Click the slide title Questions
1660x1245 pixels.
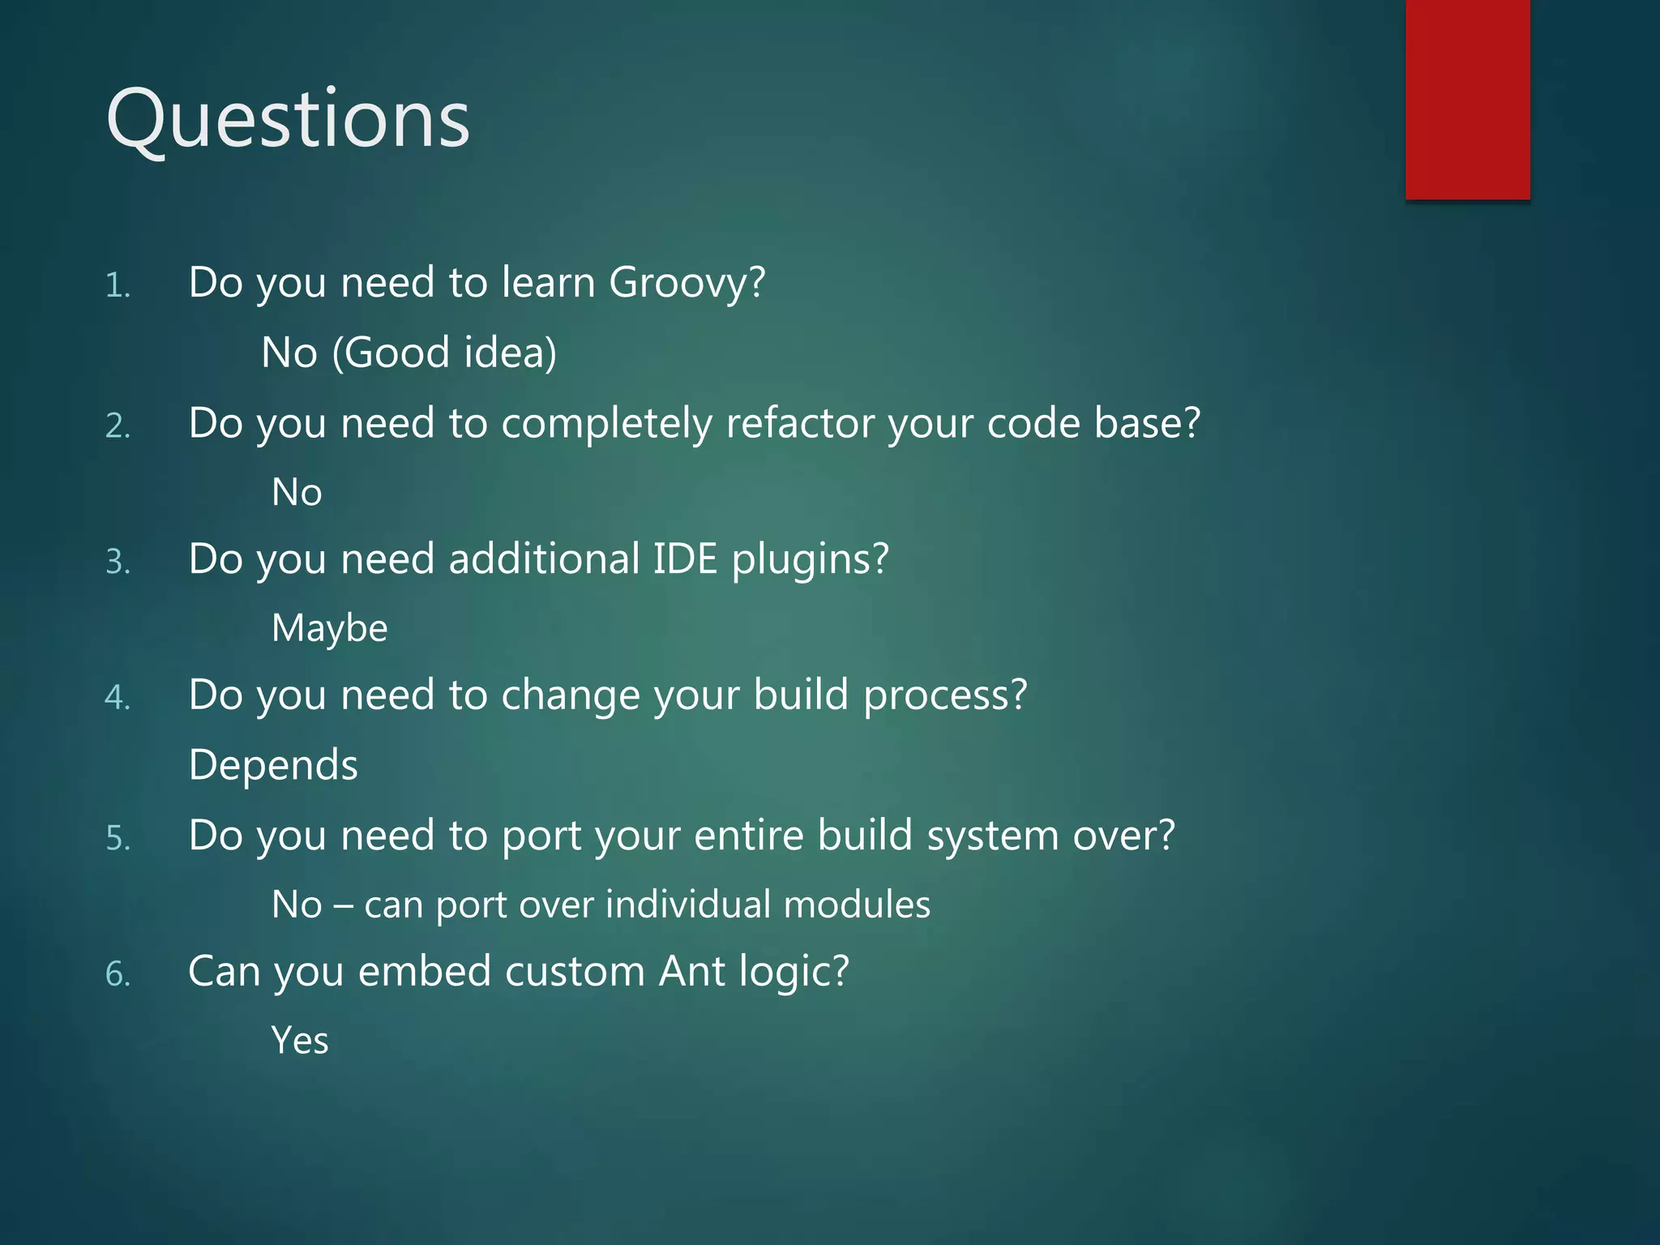pos(288,120)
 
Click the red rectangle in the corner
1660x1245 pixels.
pos(1467,99)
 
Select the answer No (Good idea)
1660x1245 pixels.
pos(409,353)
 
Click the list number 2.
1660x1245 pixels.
pos(118,426)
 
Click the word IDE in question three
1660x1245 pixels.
pos(685,559)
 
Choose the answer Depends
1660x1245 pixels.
pos(273,765)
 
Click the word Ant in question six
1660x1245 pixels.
pos(691,971)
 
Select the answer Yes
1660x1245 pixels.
pos(300,1041)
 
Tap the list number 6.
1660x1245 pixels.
pos(118,974)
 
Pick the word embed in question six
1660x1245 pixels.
pos(425,971)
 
